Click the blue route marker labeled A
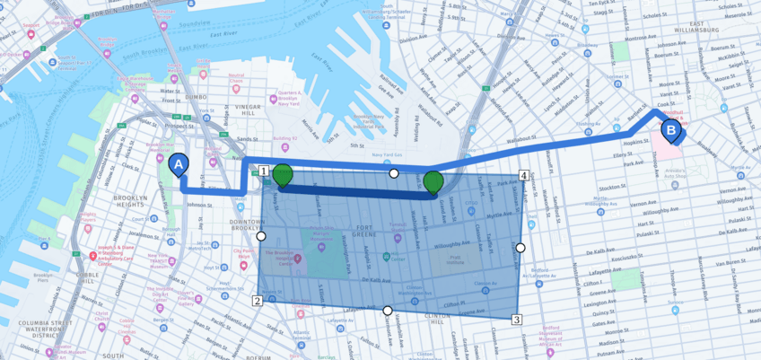coord(179,166)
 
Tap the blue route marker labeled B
coord(670,131)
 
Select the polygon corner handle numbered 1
coord(264,171)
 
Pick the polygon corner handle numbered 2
coord(258,301)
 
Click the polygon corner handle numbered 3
coord(517,319)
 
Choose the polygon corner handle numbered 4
coord(523,175)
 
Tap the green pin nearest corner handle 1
coord(283,175)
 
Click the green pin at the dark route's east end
coord(433,182)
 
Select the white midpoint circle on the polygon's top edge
coord(393,173)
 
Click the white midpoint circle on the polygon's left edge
coord(261,236)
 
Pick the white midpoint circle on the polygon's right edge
coord(520,247)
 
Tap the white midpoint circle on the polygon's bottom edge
coord(388,311)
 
